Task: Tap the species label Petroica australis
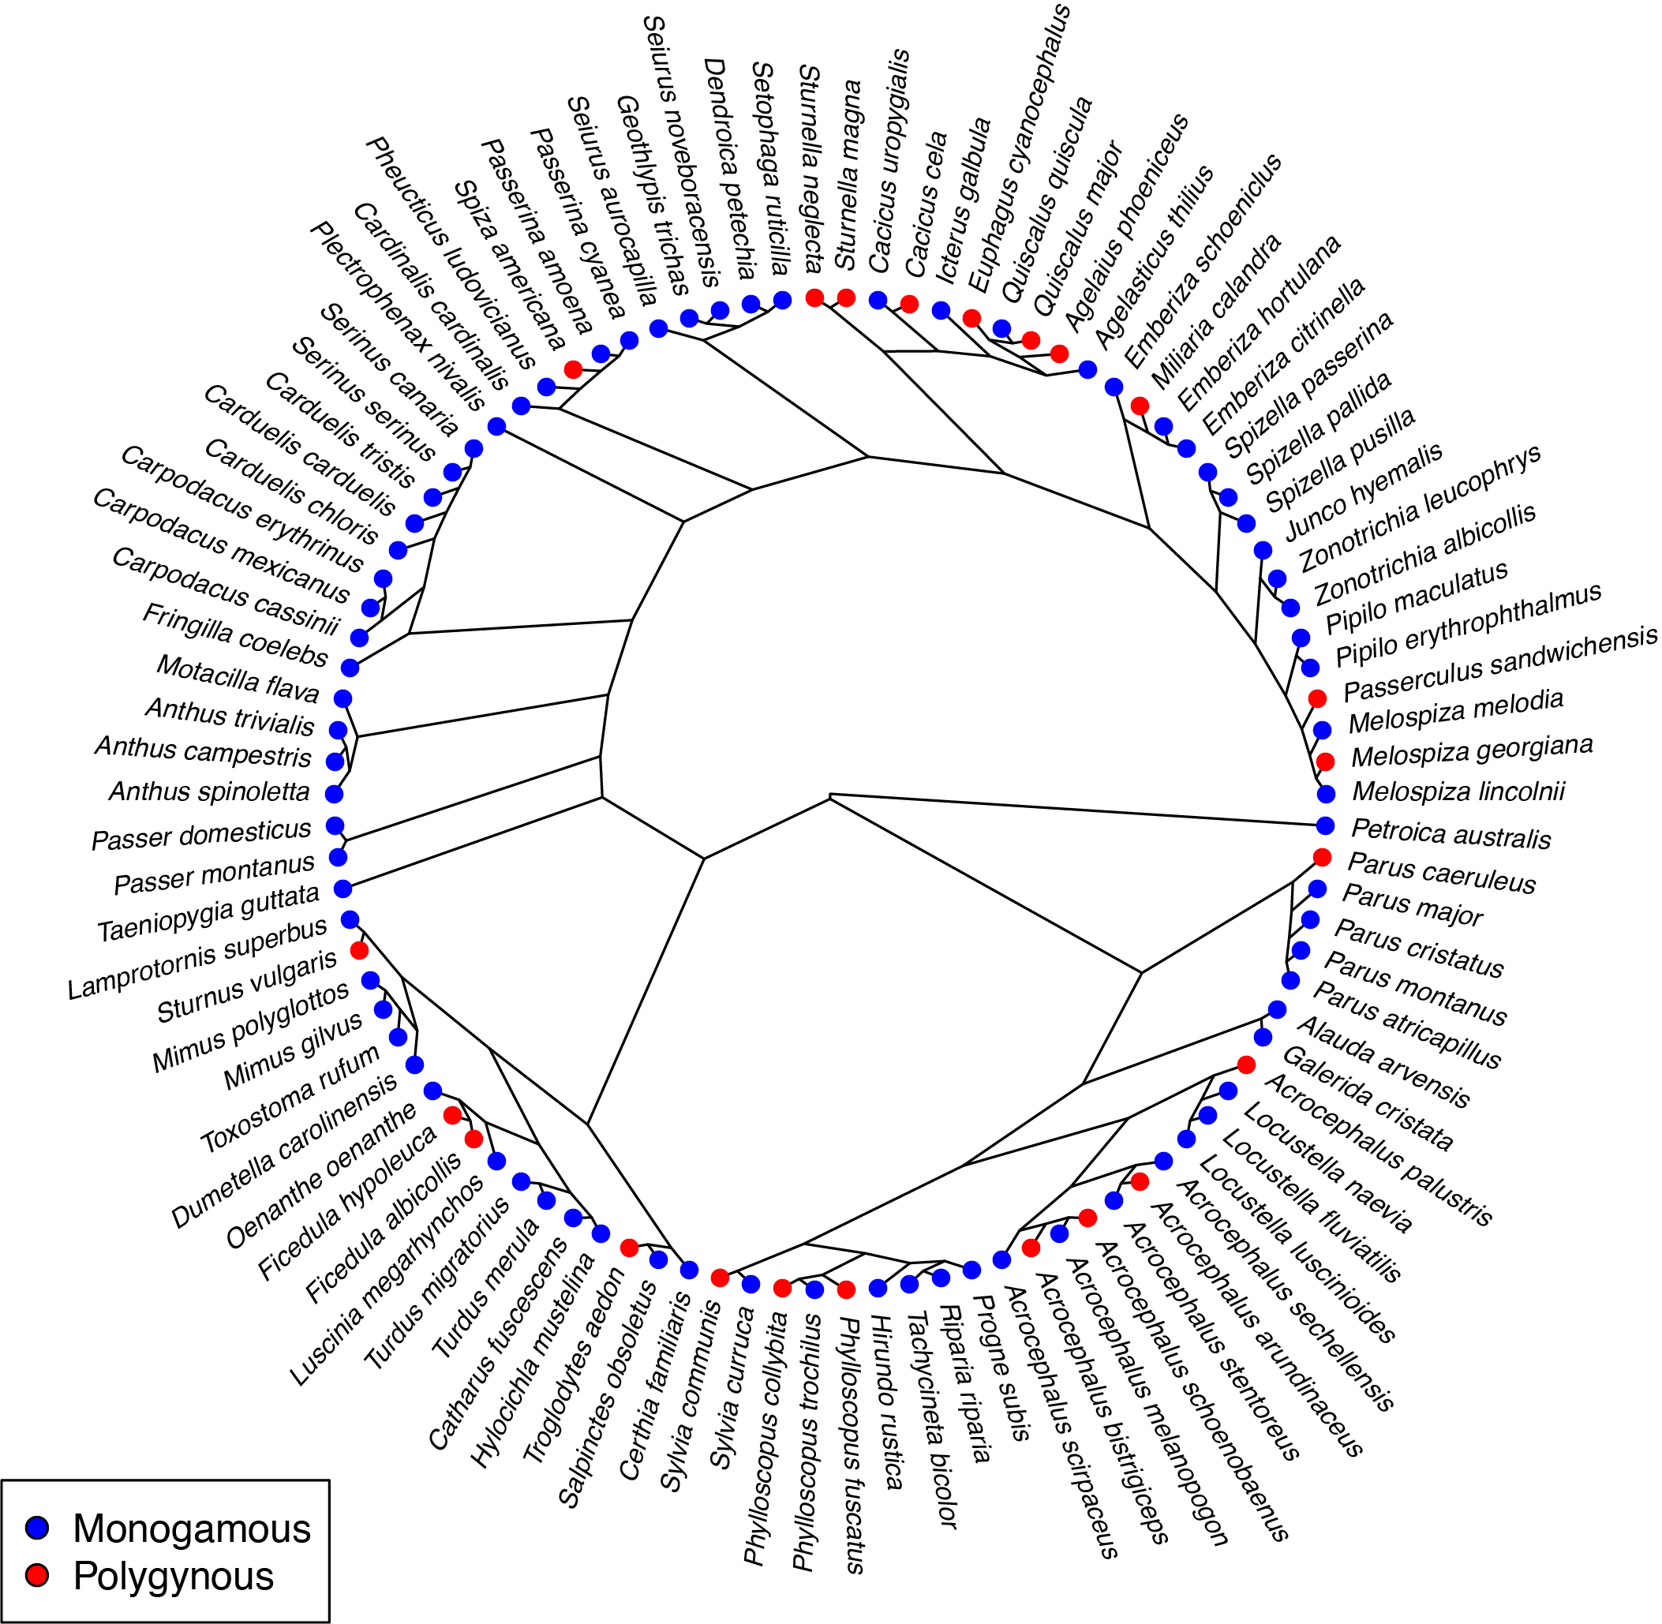point(1451,833)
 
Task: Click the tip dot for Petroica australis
point(1325,825)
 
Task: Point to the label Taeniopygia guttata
point(208,914)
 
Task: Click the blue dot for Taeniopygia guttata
point(343,889)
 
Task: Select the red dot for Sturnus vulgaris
point(359,949)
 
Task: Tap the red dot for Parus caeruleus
point(1322,856)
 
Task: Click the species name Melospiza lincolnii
point(1458,791)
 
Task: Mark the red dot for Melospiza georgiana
point(1325,761)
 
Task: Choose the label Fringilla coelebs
point(234,635)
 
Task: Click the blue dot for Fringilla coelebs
point(350,667)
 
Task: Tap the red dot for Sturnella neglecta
point(814,297)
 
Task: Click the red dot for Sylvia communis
point(719,1277)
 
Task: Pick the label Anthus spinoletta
point(209,791)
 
